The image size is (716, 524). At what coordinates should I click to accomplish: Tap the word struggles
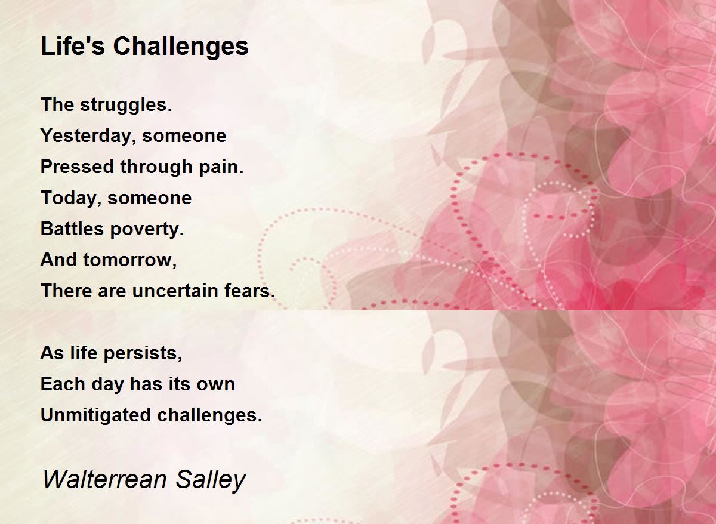(x=126, y=106)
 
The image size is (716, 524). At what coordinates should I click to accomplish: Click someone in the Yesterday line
(x=184, y=136)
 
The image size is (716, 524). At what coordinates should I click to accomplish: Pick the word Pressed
(x=77, y=167)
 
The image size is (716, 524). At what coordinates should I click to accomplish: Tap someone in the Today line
(x=150, y=198)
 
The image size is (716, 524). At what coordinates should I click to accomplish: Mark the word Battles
(x=72, y=229)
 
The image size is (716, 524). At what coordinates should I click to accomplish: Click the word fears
(x=249, y=291)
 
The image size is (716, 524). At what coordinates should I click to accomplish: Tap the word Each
(x=63, y=384)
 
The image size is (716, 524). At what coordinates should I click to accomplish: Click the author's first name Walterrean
(x=105, y=479)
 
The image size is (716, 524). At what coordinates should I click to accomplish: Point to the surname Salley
(x=210, y=481)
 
